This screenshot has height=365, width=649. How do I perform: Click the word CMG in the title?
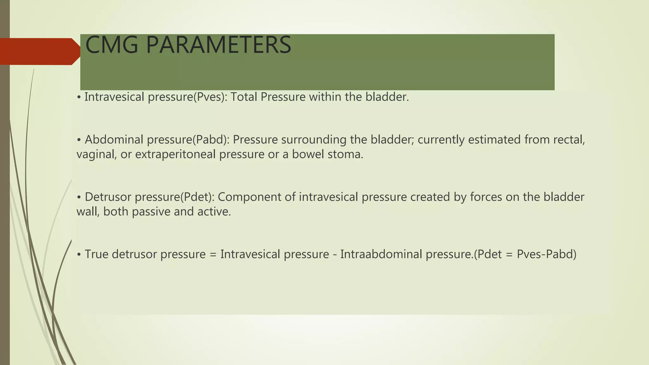(112, 45)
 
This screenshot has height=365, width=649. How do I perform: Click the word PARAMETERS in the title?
(218, 45)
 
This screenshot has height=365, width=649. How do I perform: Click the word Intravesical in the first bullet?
(114, 97)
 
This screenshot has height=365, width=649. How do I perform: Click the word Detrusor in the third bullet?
(108, 197)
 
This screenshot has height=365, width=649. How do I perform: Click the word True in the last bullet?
(96, 254)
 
